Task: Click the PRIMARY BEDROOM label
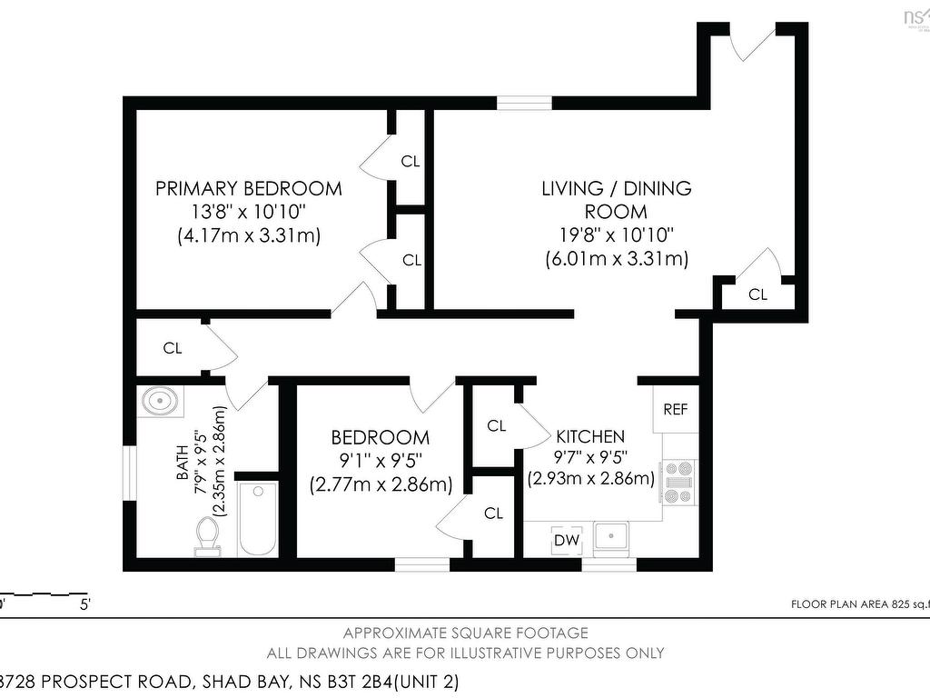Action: click(x=248, y=189)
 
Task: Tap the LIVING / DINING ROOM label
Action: click(x=617, y=200)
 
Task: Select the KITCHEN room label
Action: click(x=590, y=436)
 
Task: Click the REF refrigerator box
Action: click(x=675, y=409)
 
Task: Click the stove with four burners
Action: click(x=678, y=483)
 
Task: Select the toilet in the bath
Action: click(x=207, y=534)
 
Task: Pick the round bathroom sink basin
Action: click(x=162, y=400)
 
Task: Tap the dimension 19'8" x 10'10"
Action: click(x=617, y=235)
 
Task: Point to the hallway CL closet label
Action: click(x=173, y=347)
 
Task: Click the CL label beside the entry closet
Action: click(x=757, y=294)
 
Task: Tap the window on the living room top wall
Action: click(x=524, y=103)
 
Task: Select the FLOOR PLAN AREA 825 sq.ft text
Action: click(x=858, y=603)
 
